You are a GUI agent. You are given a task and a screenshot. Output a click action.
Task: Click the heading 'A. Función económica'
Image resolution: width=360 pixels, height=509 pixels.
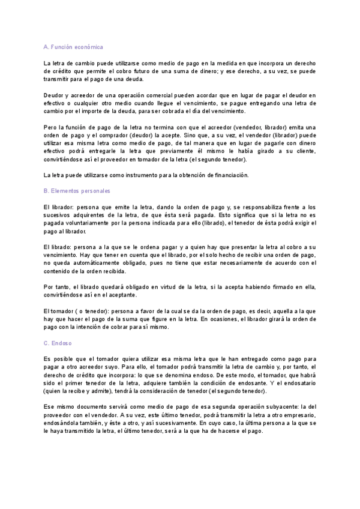[x=74, y=47]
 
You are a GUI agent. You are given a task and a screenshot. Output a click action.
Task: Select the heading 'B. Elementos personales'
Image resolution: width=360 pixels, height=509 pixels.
[x=77, y=191]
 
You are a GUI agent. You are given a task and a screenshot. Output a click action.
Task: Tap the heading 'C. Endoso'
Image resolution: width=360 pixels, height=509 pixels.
[x=58, y=343]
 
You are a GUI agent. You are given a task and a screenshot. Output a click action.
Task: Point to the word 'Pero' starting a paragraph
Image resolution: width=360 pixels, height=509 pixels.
[x=51, y=127]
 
